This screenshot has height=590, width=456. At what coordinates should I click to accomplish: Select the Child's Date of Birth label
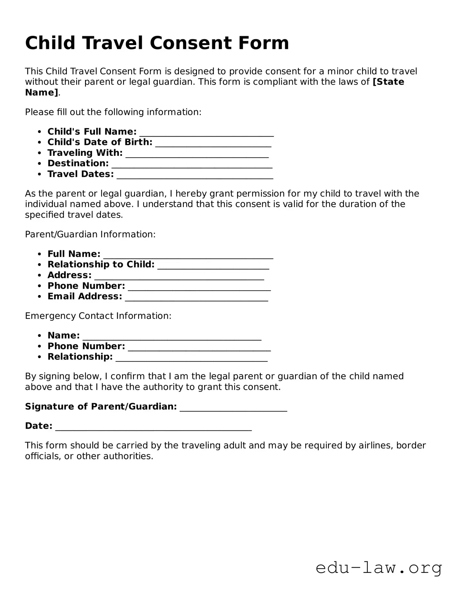(100, 142)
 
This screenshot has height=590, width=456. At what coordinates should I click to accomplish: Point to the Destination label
(78, 163)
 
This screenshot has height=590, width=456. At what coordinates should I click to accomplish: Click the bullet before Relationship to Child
(39, 265)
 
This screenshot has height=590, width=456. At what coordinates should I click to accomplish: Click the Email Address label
(85, 296)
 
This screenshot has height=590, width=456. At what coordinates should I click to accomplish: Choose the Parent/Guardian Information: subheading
(90, 234)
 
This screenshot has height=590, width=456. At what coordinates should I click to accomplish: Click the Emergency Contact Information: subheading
(98, 316)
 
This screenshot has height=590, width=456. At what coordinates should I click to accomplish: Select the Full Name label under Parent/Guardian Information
(74, 254)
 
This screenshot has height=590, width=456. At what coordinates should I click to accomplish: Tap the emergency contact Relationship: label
(80, 357)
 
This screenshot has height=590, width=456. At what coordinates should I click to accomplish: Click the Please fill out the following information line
(113, 112)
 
